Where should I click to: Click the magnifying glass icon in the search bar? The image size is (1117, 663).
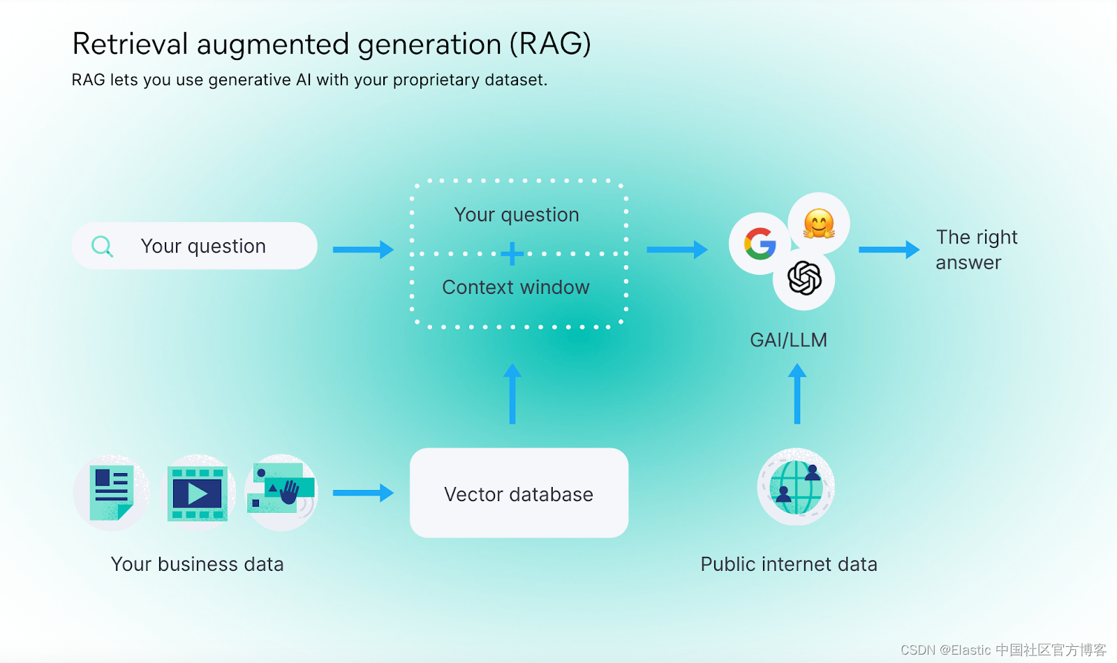pos(102,246)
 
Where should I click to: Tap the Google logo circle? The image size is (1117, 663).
pos(760,244)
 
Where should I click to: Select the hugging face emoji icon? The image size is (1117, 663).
pos(819,223)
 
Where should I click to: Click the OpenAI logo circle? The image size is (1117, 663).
pos(804,278)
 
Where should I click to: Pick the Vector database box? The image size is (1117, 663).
pos(519,493)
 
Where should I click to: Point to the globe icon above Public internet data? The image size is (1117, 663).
pos(796,486)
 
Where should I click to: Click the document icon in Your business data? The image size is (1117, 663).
pos(111,493)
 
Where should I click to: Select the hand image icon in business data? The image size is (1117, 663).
pos(282,491)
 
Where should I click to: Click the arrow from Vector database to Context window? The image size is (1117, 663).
pos(512,394)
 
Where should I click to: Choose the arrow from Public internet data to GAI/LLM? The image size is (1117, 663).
pos(797,394)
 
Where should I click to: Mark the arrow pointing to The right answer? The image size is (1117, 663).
pos(888,249)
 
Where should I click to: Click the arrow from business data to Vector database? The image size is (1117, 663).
pos(362,493)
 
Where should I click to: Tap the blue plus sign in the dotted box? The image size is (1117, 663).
pos(512,253)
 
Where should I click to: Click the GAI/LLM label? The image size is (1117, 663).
pos(788,340)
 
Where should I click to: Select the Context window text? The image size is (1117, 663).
pos(516,288)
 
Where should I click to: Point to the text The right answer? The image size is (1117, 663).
pos(976,250)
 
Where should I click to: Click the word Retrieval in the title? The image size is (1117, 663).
pos(131,44)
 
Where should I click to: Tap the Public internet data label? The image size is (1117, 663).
pos(789,564)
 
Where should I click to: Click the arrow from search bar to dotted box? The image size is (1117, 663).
pos(362,249)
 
